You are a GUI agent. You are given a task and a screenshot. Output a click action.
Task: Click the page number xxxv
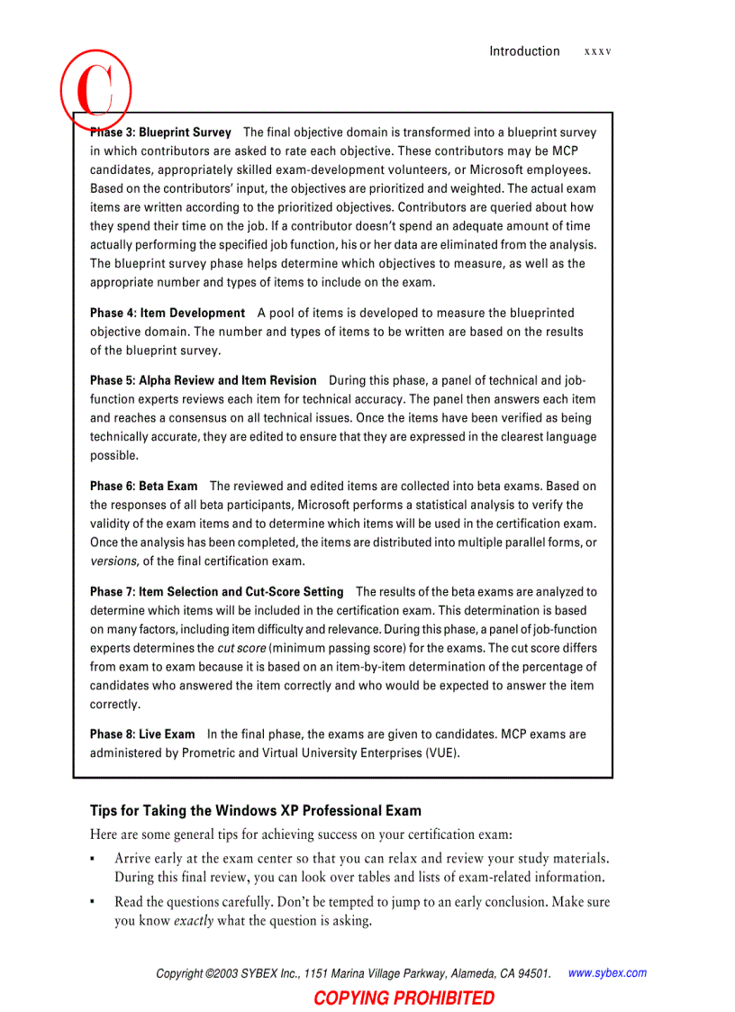[597, 52]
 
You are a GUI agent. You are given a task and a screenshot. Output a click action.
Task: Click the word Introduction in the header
[524, 51]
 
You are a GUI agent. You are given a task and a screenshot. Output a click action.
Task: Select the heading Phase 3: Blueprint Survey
[160, 132]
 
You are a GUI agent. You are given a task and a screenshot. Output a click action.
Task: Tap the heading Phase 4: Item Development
[167, 313]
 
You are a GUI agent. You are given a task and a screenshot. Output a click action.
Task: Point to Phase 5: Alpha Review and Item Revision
[203, 380]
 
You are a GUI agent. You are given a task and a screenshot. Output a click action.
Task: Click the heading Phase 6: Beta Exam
[143, 486]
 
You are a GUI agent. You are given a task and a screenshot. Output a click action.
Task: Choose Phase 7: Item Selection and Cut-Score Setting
[216, 592]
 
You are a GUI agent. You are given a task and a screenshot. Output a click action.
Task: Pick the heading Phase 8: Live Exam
[141, 734]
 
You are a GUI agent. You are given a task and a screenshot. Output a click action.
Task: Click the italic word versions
[113, 561]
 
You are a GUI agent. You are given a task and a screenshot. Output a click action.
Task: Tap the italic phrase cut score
[241, 648]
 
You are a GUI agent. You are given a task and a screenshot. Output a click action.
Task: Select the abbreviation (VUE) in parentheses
[441, 753]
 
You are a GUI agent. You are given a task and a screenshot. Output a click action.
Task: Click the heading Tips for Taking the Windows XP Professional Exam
[255, 810]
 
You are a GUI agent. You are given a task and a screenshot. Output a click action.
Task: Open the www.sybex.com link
[607, 973]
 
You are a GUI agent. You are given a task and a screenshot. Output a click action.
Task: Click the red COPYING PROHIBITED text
[404, 998]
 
